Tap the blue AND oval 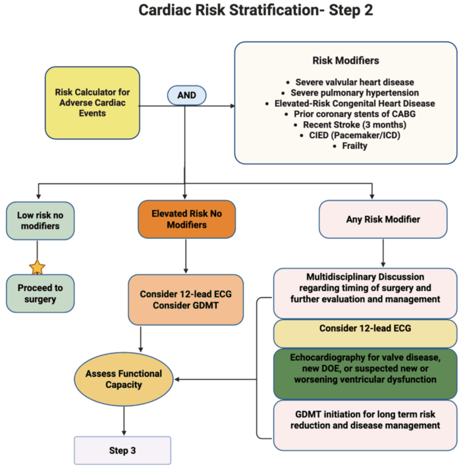(x=187, y=95)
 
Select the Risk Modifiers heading (x=345, y=61)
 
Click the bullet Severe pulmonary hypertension (x=346, y=93)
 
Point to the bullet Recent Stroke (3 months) (x=346, y=125)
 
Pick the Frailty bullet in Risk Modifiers (x=346, y=146)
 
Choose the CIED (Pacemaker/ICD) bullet (x=346, y=136)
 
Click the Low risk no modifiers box (x=39, y=221)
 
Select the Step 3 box (x=122, y=451)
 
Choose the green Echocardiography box (x=365, y=373)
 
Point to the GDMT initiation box (x=365, y=425)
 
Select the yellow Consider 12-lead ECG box (x=365, y=328)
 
